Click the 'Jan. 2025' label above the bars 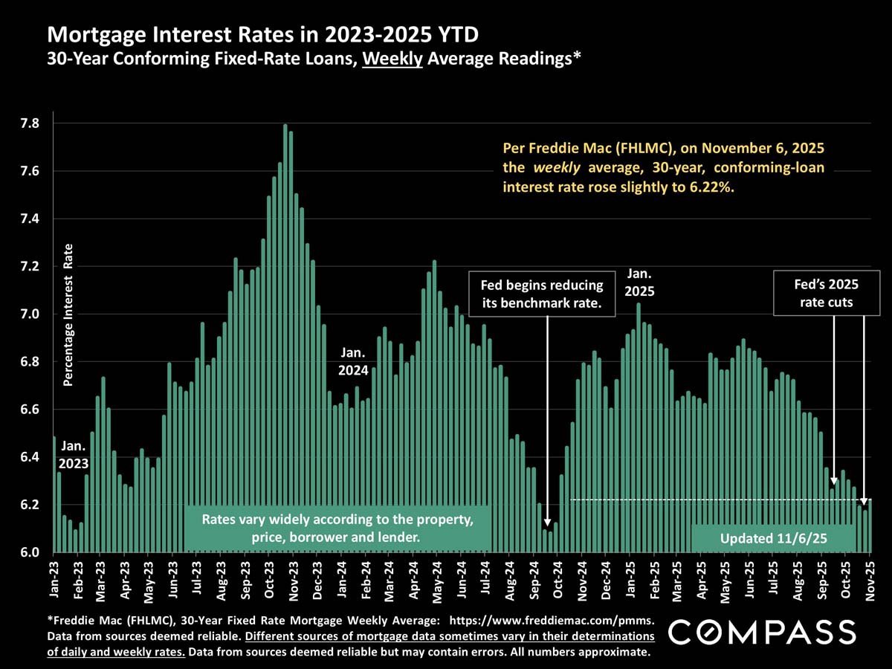click(x=640, y=282)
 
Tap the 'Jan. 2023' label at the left click(x=74, y=455)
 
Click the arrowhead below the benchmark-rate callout click(x=547, y=522)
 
